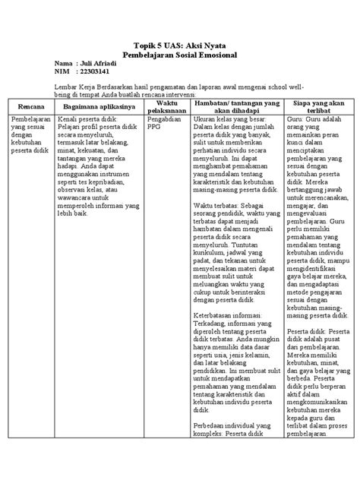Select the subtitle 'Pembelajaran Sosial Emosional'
180,55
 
